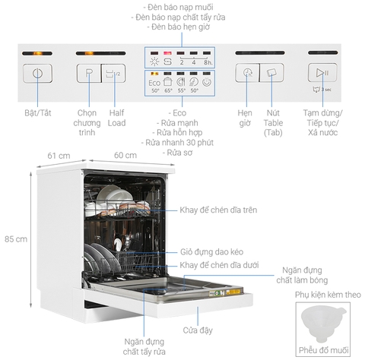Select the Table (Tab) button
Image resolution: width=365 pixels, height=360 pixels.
[271, 74]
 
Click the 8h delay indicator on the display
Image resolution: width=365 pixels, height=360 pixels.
[210, 62]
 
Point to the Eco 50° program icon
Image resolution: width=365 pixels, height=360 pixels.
[155, 83]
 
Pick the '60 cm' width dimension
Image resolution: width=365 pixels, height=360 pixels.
[125, 155]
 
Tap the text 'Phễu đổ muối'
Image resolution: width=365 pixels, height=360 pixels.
[322, 350]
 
